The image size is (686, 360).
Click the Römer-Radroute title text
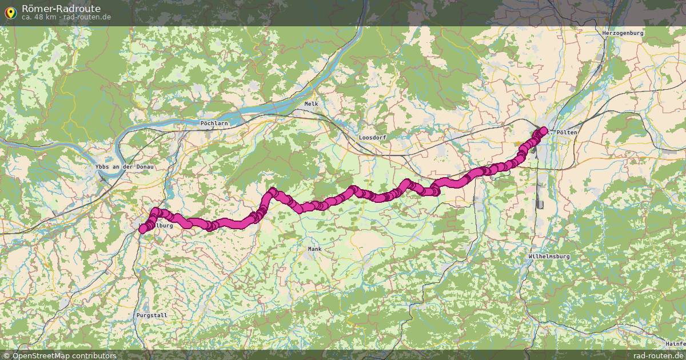pyautogui.click(x=61, y=9)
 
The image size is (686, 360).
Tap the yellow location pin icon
pyautogui.click(x=10, y=11)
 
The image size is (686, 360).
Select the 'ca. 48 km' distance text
pyautogui.click(x=39, y=17)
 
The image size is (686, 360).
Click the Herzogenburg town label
pyautogui.click(x=623, y=33)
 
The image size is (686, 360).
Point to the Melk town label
pyautogui.click(x=311, y=103)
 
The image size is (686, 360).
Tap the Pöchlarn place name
pyautogui.click(x=214, y=123)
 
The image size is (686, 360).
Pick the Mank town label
pyautogui.click(x=314, y=249)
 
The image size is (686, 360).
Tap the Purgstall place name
pyautogui.click(x=151, y=315)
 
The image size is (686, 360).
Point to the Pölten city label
pyautogui.click(x=566, y=132)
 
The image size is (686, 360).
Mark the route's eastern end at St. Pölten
pyautogui.click(x=543, y=131)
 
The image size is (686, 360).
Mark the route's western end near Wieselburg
pyautogui.click(x=142, y=229)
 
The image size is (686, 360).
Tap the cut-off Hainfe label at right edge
pyautogui.click(x=676, y=343)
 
